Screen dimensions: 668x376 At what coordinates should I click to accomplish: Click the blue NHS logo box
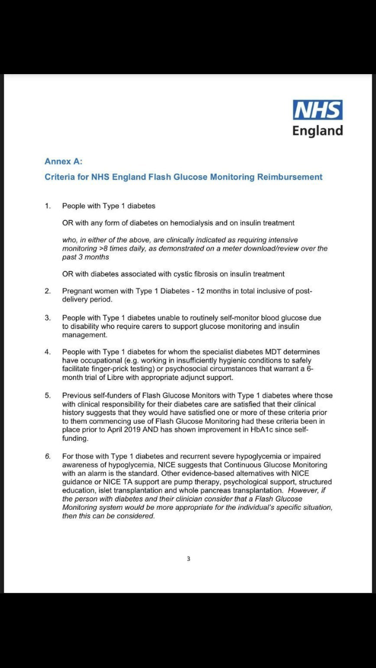pyautogui.click(x=318, y=110)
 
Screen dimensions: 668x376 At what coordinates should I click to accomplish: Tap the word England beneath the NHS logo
pyautogui.click(x=318, y=131)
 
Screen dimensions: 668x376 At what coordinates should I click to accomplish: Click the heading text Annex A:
pyautogui.click(x=63, y=161)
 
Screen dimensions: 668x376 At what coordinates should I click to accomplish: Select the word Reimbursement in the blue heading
pyautogui.click(x=290, y=177)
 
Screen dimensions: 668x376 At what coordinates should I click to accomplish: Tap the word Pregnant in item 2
pyautogui.click(x=78, y=291)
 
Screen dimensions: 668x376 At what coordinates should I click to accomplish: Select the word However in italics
pyautogui.click(x=303, y=491)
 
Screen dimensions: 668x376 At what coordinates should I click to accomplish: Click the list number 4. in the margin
pyautogui.click(x=48, y=352)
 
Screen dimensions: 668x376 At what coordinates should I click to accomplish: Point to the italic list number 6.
pyautogui.click(x=48, y=456)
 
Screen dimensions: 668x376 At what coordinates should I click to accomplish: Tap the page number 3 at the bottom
pyautogui.click(x=189, y=559)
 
